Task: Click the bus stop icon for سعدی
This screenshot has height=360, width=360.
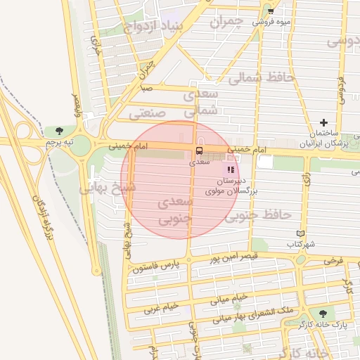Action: coord(199,150)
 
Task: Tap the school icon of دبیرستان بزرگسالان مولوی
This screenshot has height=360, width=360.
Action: coord(231,169)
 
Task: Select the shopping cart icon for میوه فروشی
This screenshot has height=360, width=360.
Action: coord(271,12)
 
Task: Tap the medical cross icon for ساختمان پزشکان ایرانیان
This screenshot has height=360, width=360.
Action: coord(323,122)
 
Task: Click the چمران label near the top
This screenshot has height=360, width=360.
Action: coord(226,21)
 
